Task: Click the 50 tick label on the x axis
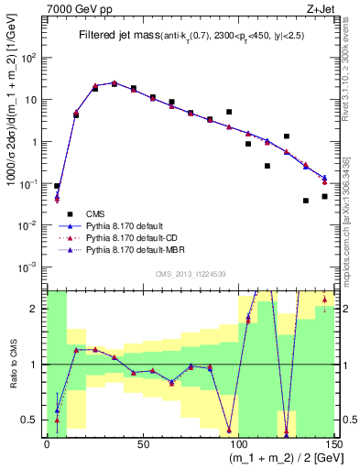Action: (142, 443)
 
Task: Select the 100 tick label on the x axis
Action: (236, 443)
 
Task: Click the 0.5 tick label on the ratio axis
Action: (34, 420)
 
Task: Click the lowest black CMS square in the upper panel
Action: (306, 201)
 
